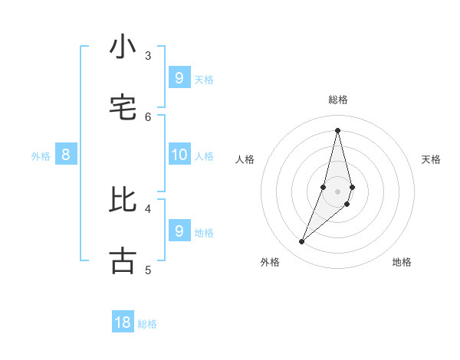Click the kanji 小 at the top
123,47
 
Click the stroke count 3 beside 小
148,55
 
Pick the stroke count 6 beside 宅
148,116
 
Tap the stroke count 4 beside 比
148,208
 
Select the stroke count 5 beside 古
148,269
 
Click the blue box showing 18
123,322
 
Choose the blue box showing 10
179,155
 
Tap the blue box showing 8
66,155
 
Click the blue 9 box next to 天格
179,77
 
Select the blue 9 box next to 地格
179,231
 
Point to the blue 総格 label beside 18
147,324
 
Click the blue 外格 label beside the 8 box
41,156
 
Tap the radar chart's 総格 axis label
338,100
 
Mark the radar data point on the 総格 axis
337,129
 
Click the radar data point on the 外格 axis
302,242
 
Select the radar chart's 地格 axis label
402,262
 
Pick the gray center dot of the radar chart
337,191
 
